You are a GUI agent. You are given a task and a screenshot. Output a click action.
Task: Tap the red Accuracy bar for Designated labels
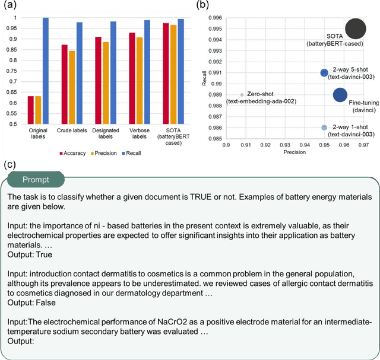98,81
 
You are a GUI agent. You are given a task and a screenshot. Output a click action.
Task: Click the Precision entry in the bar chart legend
103,153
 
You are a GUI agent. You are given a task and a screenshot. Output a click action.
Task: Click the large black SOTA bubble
355,28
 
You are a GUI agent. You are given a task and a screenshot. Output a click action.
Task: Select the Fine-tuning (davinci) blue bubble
340,95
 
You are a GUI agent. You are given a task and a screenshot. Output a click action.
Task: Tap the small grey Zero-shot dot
242,95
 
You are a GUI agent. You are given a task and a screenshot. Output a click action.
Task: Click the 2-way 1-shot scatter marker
324,128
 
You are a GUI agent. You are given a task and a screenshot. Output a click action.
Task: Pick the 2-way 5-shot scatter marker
324,73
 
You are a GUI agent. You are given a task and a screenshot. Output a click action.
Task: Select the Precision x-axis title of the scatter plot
294,152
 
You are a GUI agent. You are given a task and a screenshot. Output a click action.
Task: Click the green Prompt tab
36,179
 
